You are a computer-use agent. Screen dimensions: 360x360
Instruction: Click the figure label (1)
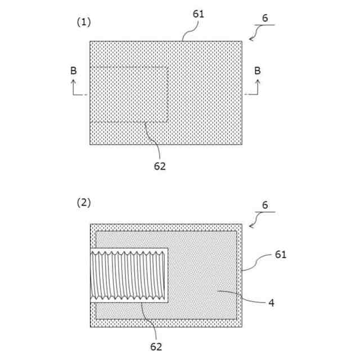point(83,22)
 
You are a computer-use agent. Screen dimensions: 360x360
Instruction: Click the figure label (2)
point(83,202)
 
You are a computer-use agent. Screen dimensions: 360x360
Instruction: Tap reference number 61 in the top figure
point(199,14)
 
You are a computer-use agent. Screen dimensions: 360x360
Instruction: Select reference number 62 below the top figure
point(160,166)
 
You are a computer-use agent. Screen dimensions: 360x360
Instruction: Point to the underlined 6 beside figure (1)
point(265,19)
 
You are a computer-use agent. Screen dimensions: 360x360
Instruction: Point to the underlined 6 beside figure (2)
point(265,206)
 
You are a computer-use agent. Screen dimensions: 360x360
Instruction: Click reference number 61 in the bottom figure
point(281,254)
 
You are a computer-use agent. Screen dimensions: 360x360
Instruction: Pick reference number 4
point(271,303)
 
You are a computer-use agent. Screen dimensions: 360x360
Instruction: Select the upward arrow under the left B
point(74,86)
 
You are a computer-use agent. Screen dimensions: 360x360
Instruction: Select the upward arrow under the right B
point(258,86)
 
